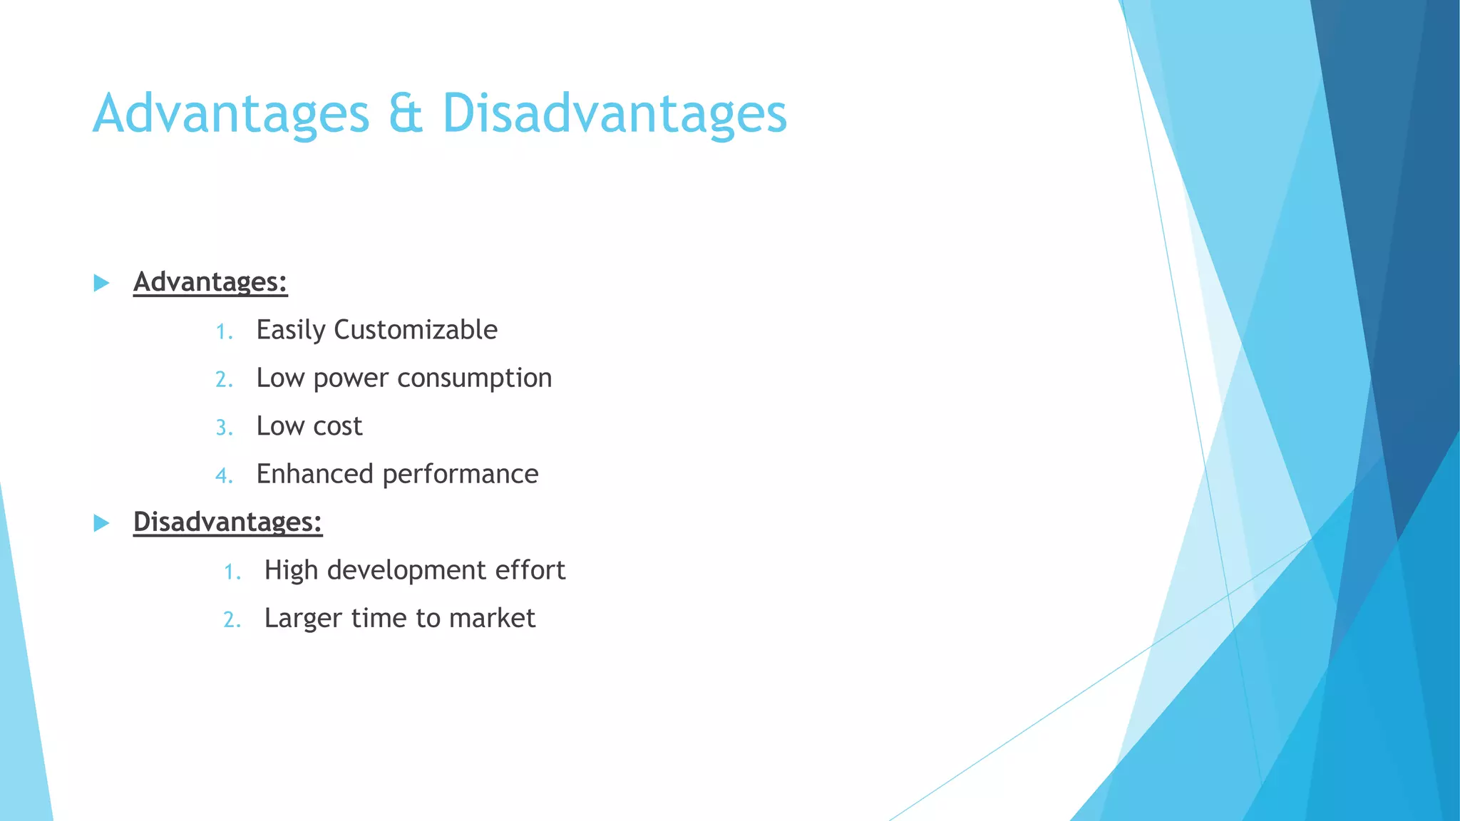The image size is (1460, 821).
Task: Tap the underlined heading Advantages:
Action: click(x=210, y=282)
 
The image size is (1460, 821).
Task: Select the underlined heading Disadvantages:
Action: click(x=227, y=522)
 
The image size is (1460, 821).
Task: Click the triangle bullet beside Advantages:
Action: click(x=102, y=283)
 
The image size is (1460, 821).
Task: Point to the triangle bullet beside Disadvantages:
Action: click(x=102, y=523)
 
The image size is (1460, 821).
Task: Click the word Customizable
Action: click(x=416, y=330)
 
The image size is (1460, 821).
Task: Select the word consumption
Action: click(x=474, y=378)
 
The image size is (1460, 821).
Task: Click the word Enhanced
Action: click(x=314, y=474)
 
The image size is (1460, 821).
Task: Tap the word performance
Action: click(x=461, y=475)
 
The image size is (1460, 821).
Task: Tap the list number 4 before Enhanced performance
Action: click(x=223, y=475)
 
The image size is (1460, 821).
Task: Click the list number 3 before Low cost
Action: click(x=223, y=428)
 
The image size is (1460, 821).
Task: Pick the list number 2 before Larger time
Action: click(x=231, y=619)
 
